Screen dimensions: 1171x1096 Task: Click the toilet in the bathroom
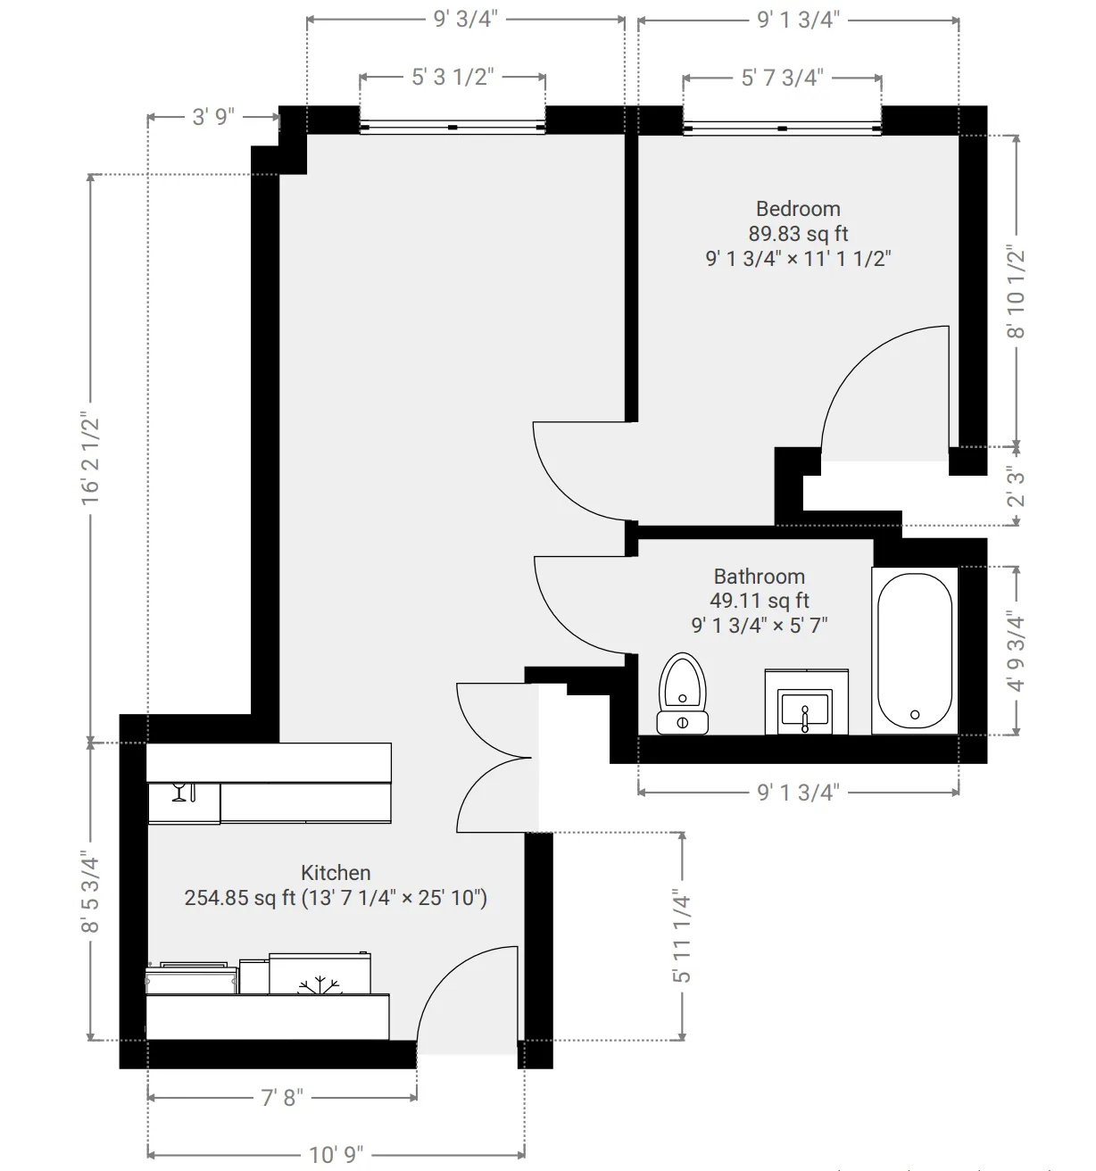pos(683,693)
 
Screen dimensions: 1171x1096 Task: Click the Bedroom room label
pos(798,209)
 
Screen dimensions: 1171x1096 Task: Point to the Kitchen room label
pos(336,873)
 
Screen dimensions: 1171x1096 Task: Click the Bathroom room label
pos(759,577)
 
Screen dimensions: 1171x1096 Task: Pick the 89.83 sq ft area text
pos(798,234)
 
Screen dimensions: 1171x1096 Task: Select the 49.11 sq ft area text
pos(759,601)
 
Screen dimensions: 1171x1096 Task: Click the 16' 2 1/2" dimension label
pos(91,458)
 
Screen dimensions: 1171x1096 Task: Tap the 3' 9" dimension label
pos(213,117)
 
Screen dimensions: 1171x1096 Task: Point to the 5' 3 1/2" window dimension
pos(453,78)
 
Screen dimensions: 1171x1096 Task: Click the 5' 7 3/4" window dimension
pos(782,78)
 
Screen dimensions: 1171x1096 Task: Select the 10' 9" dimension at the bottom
pos(336,1155)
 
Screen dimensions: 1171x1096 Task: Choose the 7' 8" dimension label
pos(282,1097)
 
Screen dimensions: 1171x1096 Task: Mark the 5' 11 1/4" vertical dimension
pos(683,935)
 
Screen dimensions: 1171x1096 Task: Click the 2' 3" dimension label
pos(1017,486)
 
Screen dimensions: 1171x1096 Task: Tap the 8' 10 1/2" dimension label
pos(1017,291)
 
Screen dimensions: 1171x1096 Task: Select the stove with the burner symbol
pos(320,975)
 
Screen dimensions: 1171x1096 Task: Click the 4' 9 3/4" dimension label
pos(1017,651)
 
